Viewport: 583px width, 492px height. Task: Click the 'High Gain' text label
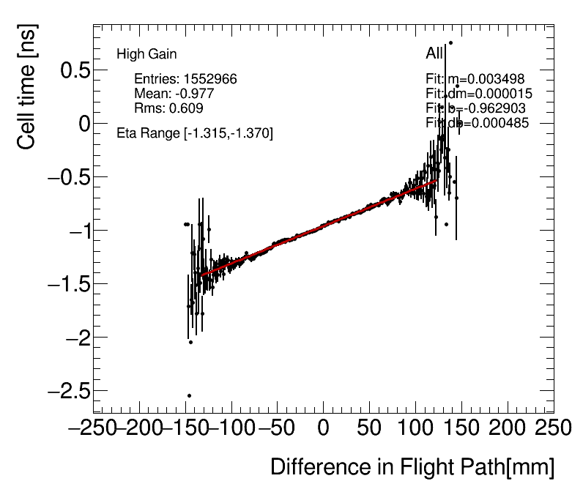click(x=146, y=54)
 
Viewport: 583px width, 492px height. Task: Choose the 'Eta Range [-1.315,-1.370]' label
click(x=195, y=133)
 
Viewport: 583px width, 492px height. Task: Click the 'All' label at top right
click(x=434, y=54)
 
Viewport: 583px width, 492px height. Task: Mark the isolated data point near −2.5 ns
click(x=189, y=395)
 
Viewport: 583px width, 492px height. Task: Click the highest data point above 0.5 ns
click(x=450, y=42)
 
